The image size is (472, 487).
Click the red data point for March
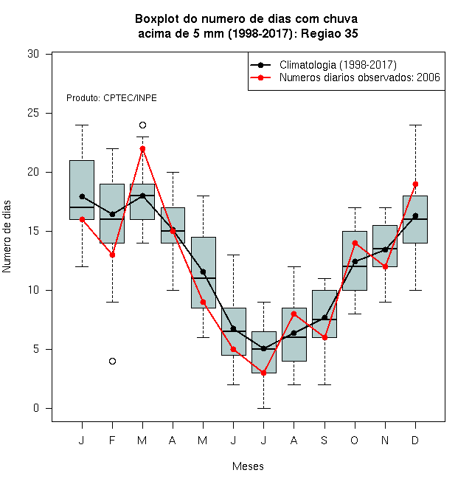click(x=142, y=149)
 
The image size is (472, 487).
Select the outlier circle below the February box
click(x=112, y=362)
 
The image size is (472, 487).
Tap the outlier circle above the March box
click(x=142, y=125)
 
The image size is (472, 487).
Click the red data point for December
click(x=415, y=184)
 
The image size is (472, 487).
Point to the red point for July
click(x=263, y=373)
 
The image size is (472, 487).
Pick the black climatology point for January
click(x=82, y=196)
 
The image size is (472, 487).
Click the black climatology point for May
click(x=203, y=272)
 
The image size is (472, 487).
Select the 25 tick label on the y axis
click(x=33, y=113)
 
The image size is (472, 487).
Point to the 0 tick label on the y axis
click(x=36, y=408)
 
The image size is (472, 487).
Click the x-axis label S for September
click(x=324, y=440)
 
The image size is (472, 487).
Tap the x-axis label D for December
click(x=415, y=440)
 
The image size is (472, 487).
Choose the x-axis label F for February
click(x=112, y=440)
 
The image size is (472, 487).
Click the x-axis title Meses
click(x=248, y=466)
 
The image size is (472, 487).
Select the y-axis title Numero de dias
click(x=7, y=237)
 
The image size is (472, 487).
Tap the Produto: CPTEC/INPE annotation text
click(x=111, y=98)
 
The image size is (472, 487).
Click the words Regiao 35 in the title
click(x=330, y=33)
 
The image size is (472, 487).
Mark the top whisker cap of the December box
click(x=415, y=125)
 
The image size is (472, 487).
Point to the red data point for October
click(x=355, y=243)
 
